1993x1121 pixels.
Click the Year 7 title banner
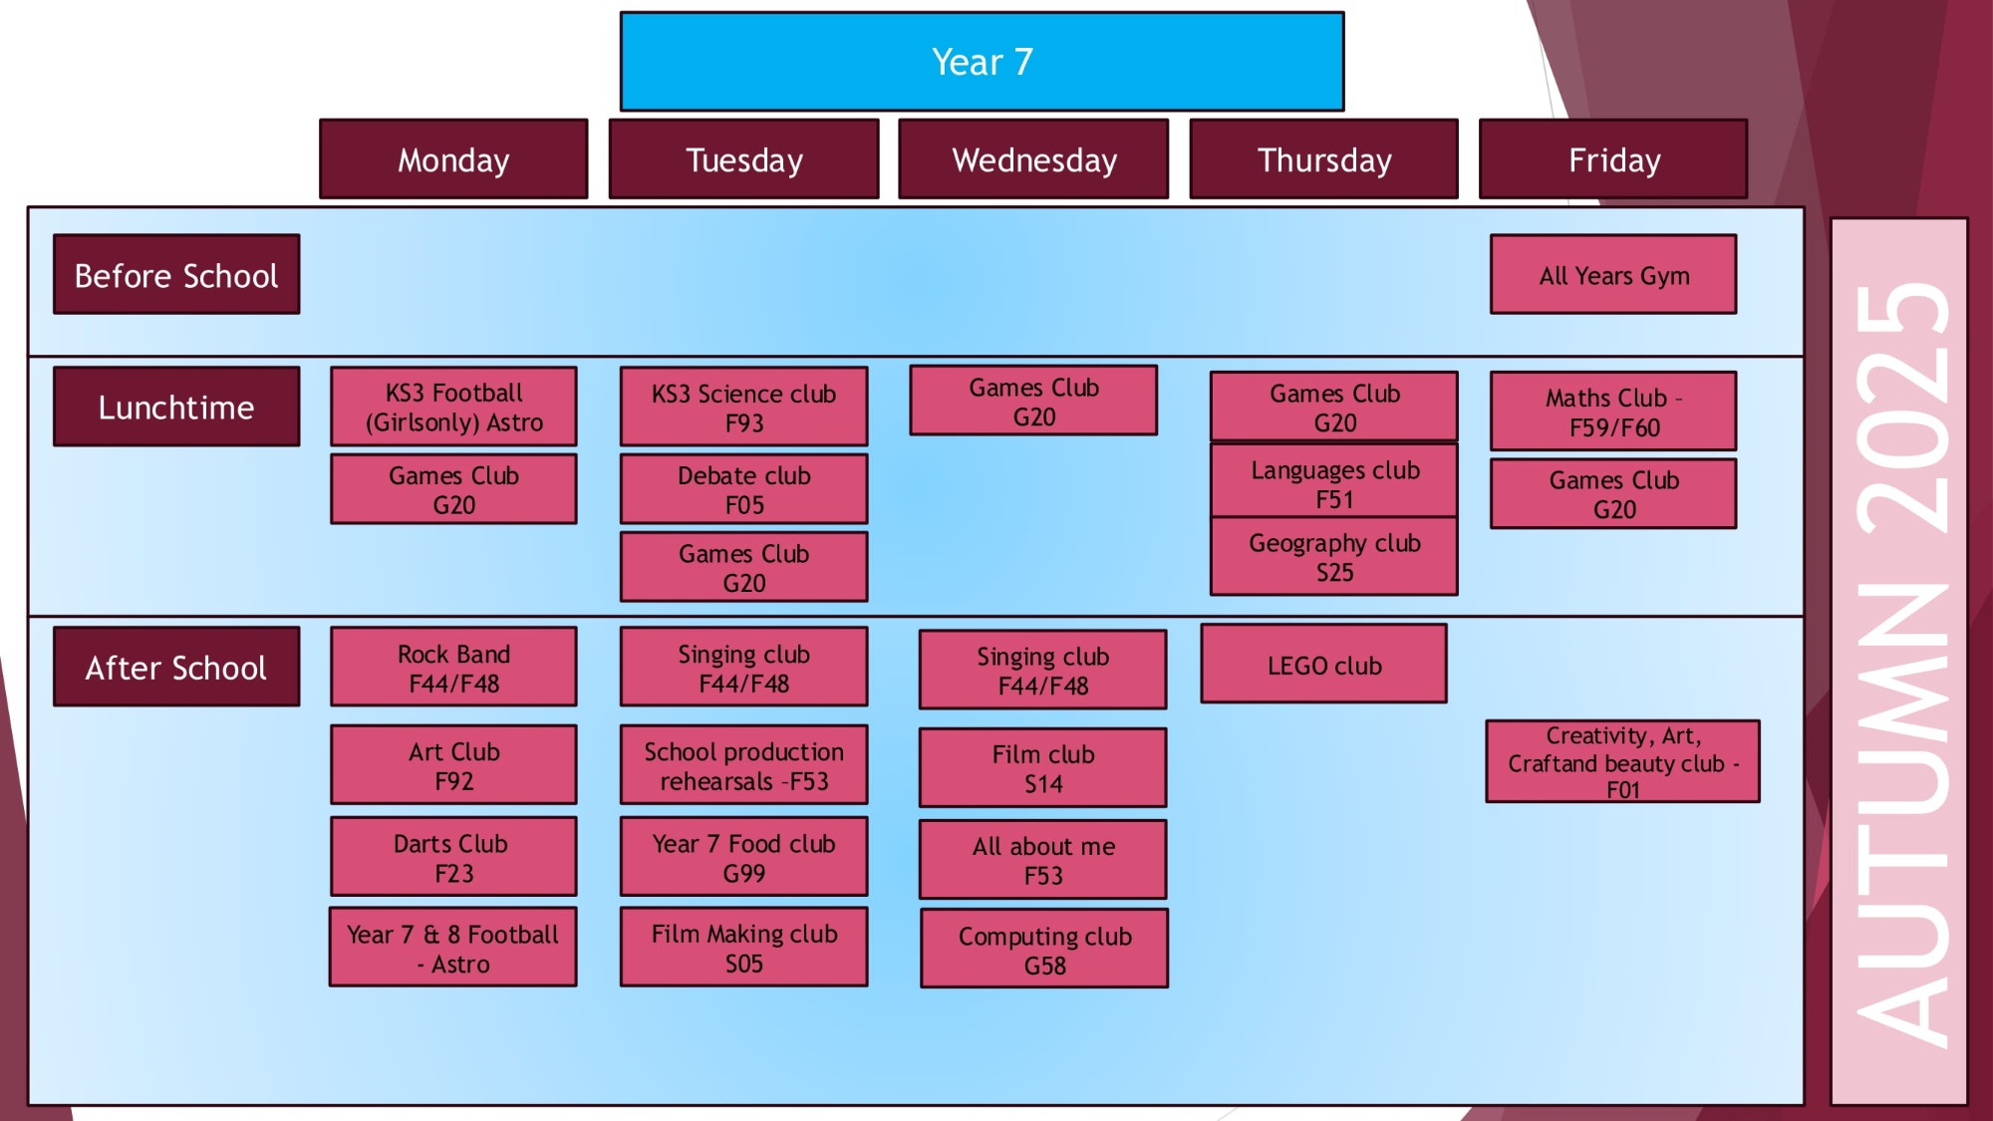click(982, 62)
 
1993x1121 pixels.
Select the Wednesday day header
click(1033, 159)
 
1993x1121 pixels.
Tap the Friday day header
click(1613, 159)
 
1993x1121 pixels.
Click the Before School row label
click(176, 275)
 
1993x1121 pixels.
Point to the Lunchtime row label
click(176, 407)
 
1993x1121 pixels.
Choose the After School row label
click(176, 667)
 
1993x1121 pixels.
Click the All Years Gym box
click(1613, 275)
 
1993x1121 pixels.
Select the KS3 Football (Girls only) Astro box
click(453, 407)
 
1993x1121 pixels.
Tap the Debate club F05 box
click(743, 489)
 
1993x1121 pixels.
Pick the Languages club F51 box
click(1334, 483)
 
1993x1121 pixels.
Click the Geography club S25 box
click(1334, 557)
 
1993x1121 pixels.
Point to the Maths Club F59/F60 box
click(1613, 412)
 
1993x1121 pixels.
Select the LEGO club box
click(1324, 665)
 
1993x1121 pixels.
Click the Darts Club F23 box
click(453, 857)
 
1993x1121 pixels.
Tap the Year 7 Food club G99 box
click(743, 857)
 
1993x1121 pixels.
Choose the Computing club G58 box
click(1044, 950)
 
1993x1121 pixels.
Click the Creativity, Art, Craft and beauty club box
click(1622, 762)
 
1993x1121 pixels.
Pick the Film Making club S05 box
click(743, 948)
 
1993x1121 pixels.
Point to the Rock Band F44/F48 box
click(453, 668)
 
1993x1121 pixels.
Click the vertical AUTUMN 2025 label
click(1899, 663)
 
